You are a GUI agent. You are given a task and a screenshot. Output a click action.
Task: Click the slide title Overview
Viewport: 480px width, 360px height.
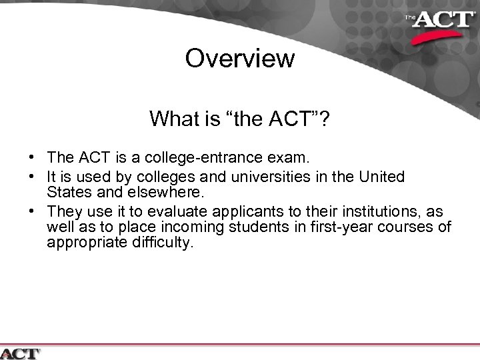[x=239, y=58]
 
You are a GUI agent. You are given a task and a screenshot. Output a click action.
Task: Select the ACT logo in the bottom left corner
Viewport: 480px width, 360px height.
[x=20, y=353]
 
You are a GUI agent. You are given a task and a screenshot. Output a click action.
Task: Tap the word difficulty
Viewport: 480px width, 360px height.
[x=162, y=243]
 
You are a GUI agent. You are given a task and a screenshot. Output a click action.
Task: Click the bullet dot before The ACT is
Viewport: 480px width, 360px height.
[x=32, y=159]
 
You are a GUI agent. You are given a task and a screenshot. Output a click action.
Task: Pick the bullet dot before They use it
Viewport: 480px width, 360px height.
[x=32, y=212]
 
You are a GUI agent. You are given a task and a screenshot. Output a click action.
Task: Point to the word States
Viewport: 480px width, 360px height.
[x=67, y=192]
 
